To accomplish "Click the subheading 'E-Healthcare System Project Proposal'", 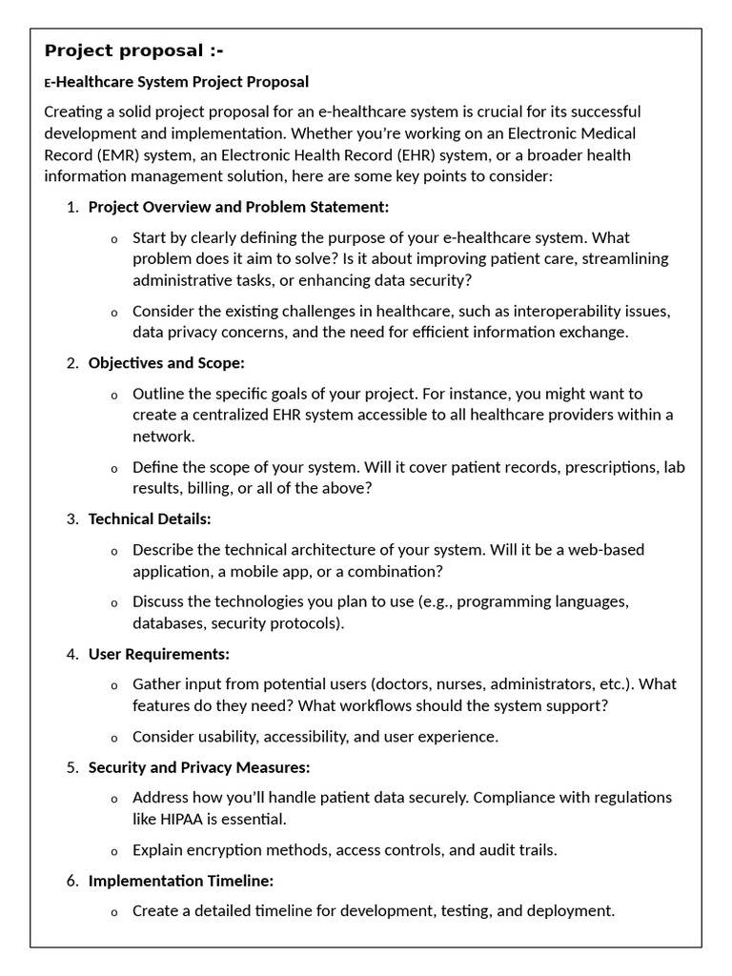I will pos(176,82).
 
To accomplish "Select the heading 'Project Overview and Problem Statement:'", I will pos(238,207).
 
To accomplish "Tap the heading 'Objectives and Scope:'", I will pos(166,363).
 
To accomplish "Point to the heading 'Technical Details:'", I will pos(150,518).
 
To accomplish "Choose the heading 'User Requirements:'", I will pos(158,654).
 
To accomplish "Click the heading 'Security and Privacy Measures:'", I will pos(199,767).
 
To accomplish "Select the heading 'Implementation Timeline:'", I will pos(181,881).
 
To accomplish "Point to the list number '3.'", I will pos(73,518).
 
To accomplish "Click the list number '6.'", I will pos(73,881).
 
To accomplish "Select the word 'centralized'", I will pos(221,415).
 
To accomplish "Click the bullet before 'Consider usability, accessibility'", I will pos(114,738).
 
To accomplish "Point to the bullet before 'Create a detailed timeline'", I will pos(114,912).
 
